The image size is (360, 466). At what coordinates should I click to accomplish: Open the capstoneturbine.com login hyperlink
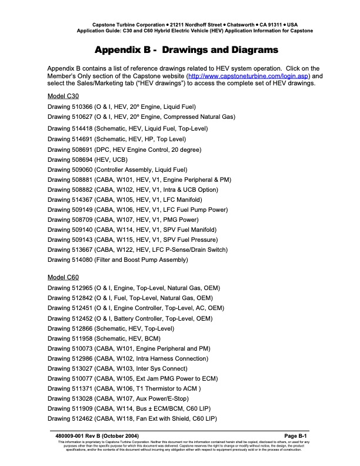point(256,76)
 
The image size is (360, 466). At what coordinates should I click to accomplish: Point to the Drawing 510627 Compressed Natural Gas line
point(141,117)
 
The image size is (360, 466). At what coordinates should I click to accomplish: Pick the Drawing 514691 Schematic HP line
point(116,139)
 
